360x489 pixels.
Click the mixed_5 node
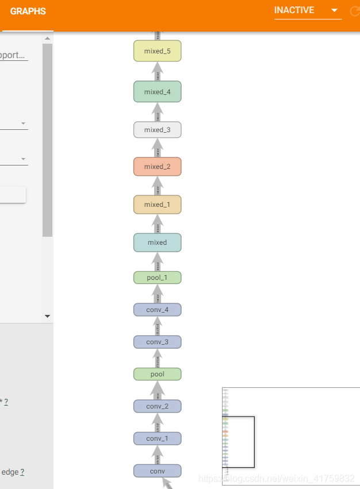(x=157, y=51)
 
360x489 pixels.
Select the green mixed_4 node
(x=157, y=92)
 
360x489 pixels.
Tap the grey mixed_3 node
(x=157, y=130)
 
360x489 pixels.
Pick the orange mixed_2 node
(x=157, y=167)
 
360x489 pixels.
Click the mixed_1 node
(x=157, y=205)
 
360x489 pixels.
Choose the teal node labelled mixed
(x=157, y=242)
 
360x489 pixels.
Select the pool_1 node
(x=157, y=278)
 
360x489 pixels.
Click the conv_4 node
(x=157, y=310)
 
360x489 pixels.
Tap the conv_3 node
(x=157, y=342)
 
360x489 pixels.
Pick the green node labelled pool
(x=157, y=374)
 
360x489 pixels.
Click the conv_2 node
(x=157, y=406)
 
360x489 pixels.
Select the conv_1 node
(x=157, y=438)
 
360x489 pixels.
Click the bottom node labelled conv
(x=157, y=471)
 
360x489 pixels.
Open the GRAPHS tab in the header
(x=28, y=11)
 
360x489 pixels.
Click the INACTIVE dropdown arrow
(x=334, y=10)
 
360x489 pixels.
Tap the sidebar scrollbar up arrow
(x=47, y=38)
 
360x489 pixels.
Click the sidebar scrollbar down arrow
(x=47, y=316)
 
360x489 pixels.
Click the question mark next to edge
(x=22, y=472)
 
